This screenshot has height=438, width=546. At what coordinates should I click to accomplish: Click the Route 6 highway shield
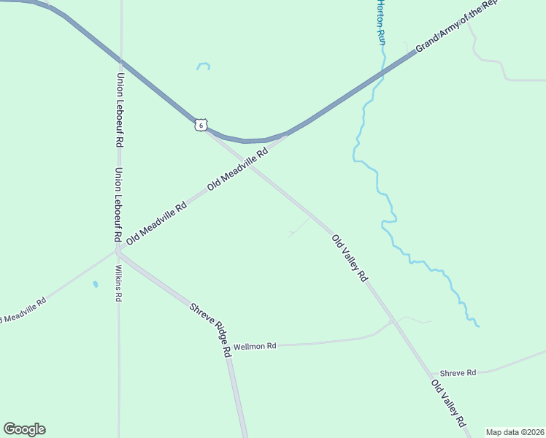click(201, 125)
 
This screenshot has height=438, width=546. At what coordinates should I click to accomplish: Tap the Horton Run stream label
click(380, 22)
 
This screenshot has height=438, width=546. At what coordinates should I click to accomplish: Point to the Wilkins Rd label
click(119, 283)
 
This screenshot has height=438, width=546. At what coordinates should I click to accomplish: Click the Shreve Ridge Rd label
click(210, 329)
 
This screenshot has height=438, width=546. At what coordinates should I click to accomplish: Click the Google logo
click(24, 429)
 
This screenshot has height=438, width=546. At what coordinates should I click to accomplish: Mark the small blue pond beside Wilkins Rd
click(95, 284)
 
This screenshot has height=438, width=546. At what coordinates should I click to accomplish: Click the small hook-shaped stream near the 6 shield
click(204, 66)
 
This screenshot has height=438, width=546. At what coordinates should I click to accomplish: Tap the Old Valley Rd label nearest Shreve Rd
click(448, 403)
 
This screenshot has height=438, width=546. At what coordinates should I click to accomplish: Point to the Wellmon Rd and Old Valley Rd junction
click(393, 320)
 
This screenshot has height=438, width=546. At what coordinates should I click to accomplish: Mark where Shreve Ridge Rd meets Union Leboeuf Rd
click(118, 253)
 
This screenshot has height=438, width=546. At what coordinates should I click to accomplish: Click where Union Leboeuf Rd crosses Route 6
click(120, 60)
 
